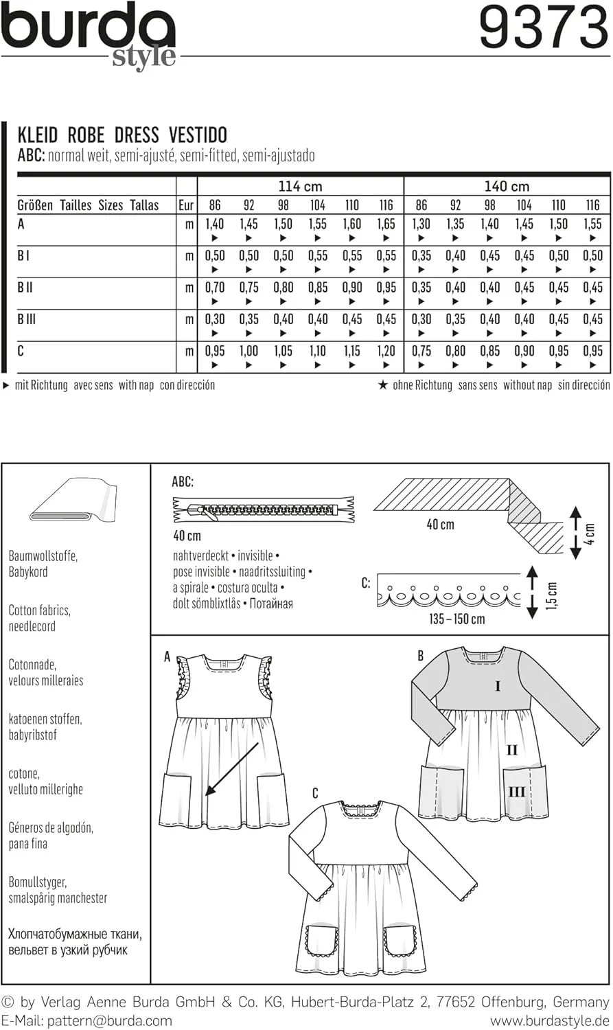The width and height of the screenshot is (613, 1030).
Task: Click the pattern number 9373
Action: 543,28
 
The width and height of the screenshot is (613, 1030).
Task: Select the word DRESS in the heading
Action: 137,135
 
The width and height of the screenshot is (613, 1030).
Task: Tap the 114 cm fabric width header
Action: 300,186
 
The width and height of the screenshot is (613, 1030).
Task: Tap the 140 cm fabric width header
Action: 507,186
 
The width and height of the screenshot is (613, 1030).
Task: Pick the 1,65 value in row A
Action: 386,224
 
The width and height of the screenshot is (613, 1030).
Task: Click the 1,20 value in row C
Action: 386,351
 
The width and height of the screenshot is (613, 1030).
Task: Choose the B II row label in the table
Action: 25,288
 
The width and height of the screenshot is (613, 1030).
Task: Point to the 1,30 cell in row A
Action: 421,224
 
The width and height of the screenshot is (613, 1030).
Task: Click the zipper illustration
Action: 264,510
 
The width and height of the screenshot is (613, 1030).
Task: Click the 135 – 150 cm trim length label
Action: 456,619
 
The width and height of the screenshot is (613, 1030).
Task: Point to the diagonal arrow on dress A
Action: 233,769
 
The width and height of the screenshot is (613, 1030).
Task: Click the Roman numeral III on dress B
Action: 516,792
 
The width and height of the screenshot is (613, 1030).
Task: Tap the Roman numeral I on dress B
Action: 498,686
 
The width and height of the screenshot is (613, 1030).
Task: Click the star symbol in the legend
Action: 383,385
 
